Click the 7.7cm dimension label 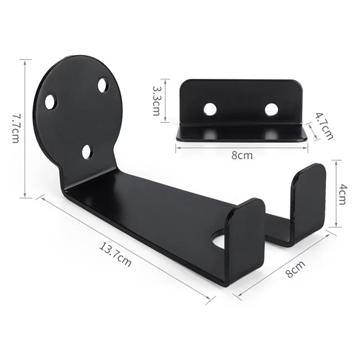tap(15, 128)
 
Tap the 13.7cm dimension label tap(116, 255)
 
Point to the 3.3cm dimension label tap(156, 101)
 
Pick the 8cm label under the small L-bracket tap(242, 156)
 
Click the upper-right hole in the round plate tap(103, 85)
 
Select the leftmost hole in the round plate tap(50, 102)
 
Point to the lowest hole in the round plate tap(87, 152)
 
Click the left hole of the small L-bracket tap(210, 109)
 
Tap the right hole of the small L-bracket tap(271, 109)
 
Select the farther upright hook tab tap(308, 198)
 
